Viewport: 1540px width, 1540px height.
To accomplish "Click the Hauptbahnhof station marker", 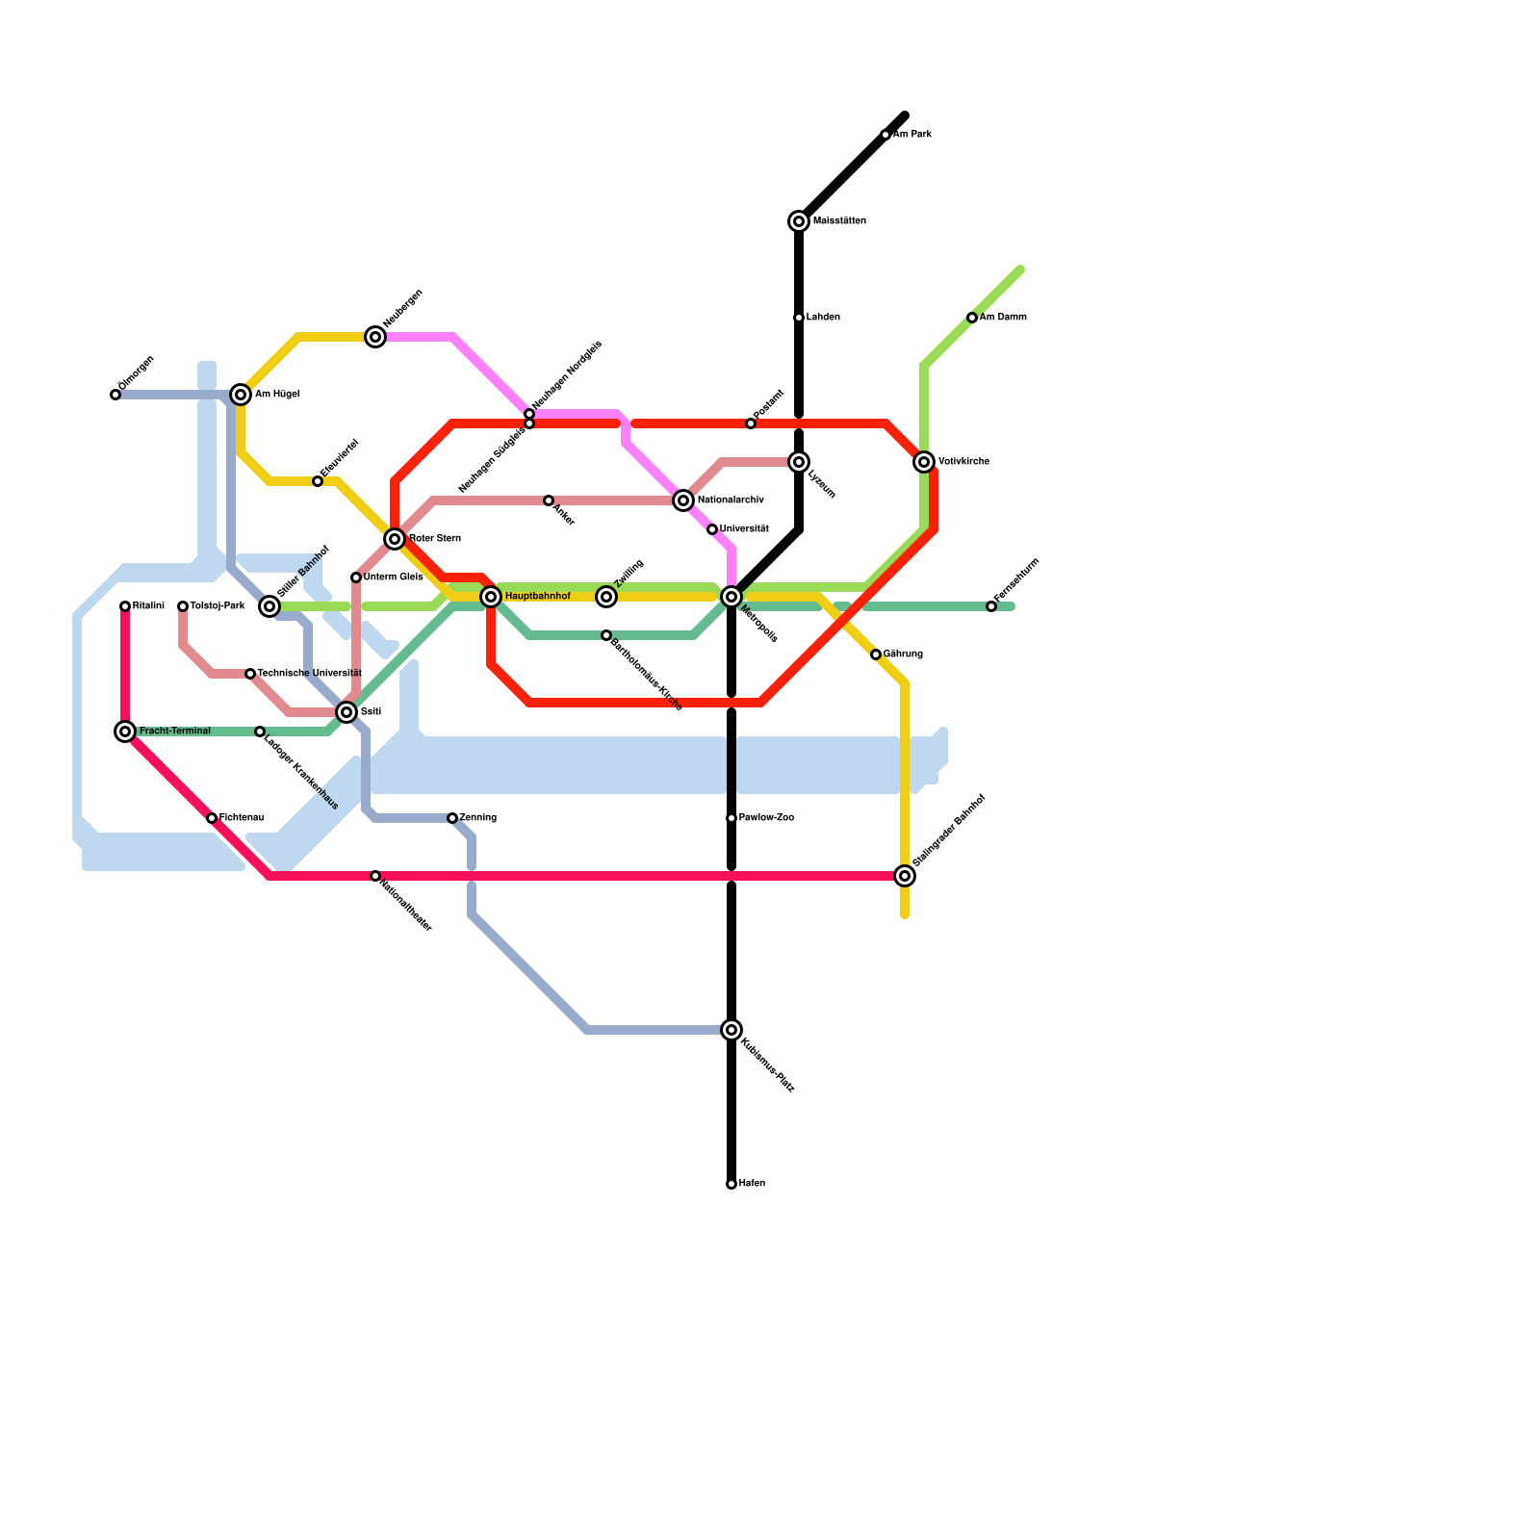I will pyautogui.click(x=491, y=597).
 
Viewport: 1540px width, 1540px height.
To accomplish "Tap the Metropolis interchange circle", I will pyautogui.click(x=731, y=597).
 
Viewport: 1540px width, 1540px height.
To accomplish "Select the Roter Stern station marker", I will pyautogui.click(x=395, y=539).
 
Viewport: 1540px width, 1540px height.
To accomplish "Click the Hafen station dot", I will pyautogui.click(x=731, y=1184).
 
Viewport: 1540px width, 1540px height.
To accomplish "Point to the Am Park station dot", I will pyautogui.click(x=885, y=135).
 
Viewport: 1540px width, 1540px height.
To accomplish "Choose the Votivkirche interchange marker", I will pyautogui.click(x=924, y=462).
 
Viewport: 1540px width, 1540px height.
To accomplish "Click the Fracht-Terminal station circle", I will pyautogui.click(x=125, y=731).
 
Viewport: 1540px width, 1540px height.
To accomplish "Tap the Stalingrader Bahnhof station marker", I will pyautogui.click(x=905, y=876).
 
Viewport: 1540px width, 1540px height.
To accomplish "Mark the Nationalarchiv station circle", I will pyautogui.click(x=683, y=500).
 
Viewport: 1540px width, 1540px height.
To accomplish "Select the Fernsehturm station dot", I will pyautogui.click(x=991, y=606).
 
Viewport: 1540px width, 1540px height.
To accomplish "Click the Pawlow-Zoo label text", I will pyautogui.click(x=766, y=818).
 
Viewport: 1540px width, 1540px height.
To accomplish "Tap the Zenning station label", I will pyautogui.click(x=477, y=818).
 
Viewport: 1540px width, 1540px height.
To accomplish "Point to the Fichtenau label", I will pyautogui.click(x=241, y=818).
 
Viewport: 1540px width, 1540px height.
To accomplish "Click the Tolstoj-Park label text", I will pyautogui.click(x=217, y=606).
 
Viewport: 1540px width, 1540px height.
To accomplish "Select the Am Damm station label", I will pyautogui.click(x=1003, y=318).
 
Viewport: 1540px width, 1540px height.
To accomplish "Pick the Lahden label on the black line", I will pyautogui.click(x=823, y=318).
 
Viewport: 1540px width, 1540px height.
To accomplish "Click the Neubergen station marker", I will pyautogui.click(x=375, y=337).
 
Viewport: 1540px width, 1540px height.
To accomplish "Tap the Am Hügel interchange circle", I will pyautogui.click(x=241, y=395).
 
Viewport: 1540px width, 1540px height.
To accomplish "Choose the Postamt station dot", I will pyautogui.click(x=751, y=423).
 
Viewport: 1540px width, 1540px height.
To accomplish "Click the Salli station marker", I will pyautogui.click(x=346, y=712).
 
